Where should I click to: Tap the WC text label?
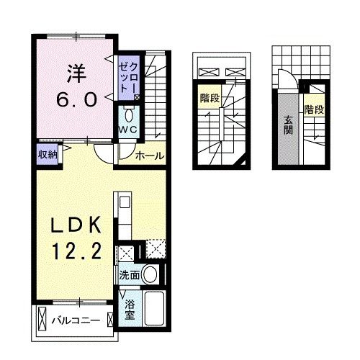pyautogui.click(x=129, y=129)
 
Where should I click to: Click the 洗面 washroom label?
pyautogui.click(x=130, y=274)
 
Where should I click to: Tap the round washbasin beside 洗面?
pyautogui.click(x=150, y=274)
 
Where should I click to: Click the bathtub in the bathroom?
pyautogui.click(x=153, y=310)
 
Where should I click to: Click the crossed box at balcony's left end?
pyautogui.click(x=42, y=318)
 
